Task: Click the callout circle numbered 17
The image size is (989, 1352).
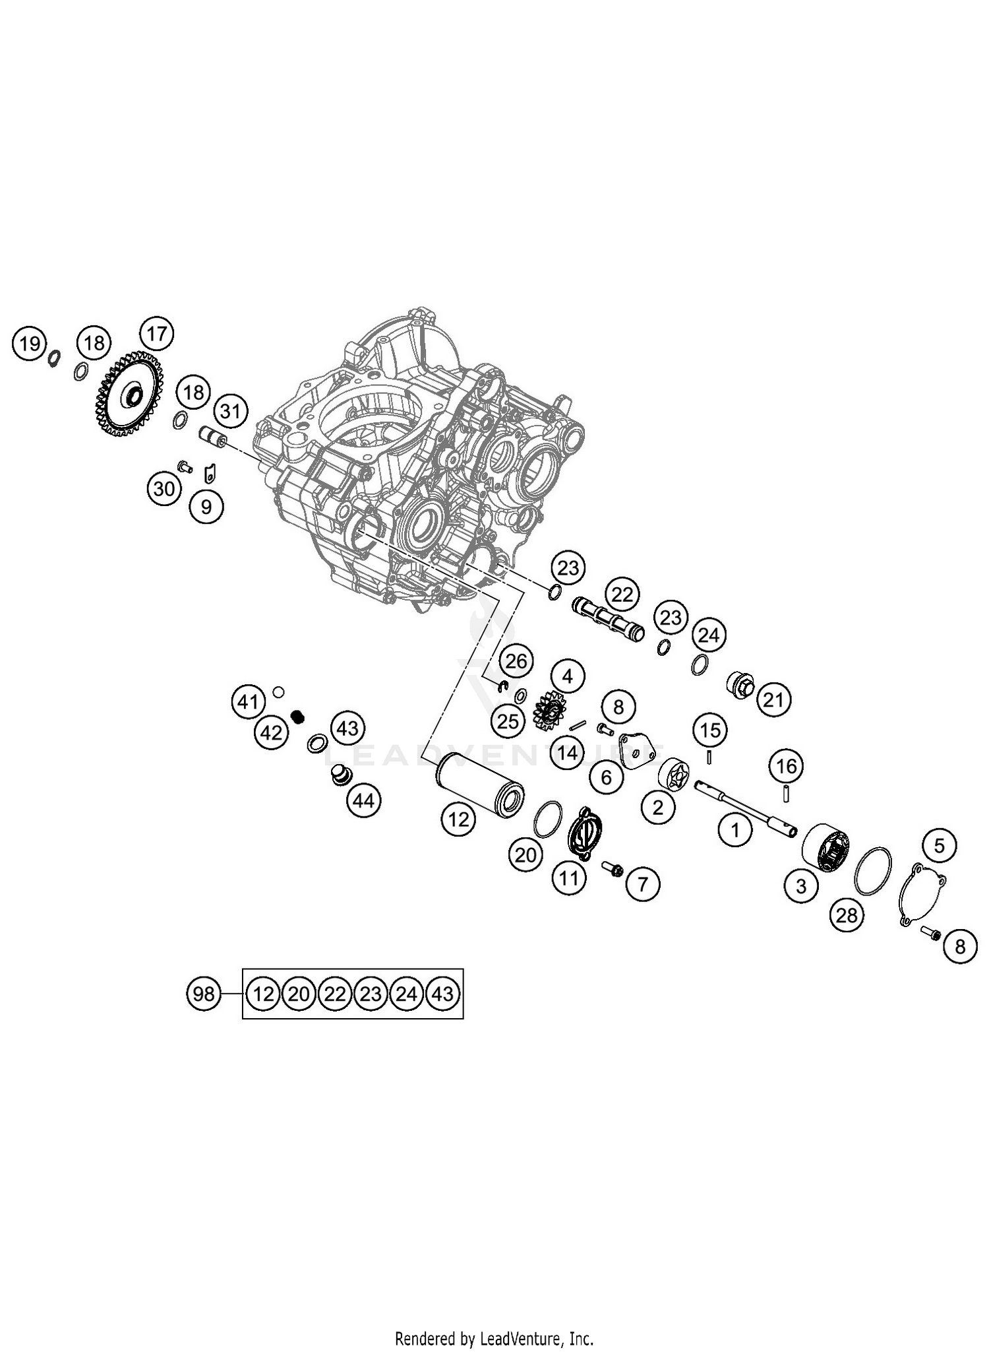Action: (x=157, y=334)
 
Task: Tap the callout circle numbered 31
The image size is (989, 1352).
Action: (x=230, y=412)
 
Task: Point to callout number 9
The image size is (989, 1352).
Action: (x=206, y=507)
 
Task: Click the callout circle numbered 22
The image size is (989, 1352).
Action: (x=622, y=595)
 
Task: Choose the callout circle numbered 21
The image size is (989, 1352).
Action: (x=773, y=699)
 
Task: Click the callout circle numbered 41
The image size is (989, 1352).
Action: (x=248, y=702)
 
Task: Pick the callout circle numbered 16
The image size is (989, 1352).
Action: (x=787, y=766)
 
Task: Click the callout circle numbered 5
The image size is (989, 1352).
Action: (x=940, y=846)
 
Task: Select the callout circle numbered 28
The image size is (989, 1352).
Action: (x=847, y=915)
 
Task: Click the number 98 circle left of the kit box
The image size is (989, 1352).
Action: (x=204, y=994)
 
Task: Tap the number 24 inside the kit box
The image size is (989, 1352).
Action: (x=407, y=994)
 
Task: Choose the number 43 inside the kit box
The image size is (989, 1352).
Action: (x=443, y=994)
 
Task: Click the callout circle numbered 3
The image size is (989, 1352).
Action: (x=801, y=885)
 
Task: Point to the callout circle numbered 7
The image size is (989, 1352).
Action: (x=643, y=883)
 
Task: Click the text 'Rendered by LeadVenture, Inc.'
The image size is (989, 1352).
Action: (x=494, y=1339)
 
